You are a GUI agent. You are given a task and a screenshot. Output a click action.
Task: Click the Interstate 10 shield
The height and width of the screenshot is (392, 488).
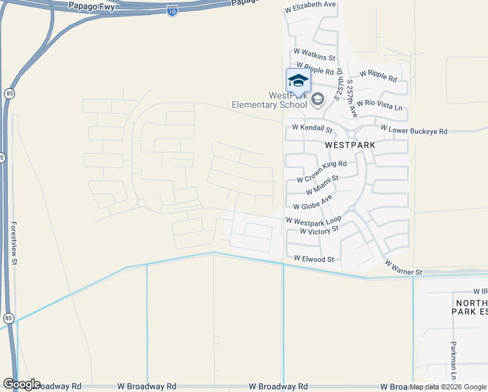172,12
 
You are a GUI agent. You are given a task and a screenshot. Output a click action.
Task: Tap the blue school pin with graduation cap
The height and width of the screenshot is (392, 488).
298,81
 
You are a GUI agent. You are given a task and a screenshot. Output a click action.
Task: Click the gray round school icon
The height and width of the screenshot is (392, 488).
318,99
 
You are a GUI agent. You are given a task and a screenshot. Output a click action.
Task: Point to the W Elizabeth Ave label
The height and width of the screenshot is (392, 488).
311,5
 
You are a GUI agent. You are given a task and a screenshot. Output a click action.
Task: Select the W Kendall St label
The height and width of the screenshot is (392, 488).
312,127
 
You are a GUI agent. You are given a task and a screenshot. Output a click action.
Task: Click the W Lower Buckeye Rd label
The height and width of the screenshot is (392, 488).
414,131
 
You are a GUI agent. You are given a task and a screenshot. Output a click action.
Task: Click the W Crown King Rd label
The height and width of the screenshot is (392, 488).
321,172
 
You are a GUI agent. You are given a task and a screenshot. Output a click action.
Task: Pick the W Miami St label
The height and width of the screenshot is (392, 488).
322,185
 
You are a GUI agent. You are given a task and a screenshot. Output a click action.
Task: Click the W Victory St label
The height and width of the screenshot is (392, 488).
320,230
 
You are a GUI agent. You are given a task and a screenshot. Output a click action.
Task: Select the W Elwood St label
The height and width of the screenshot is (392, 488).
314,259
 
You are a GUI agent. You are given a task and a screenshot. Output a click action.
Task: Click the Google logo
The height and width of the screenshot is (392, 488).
22,384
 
